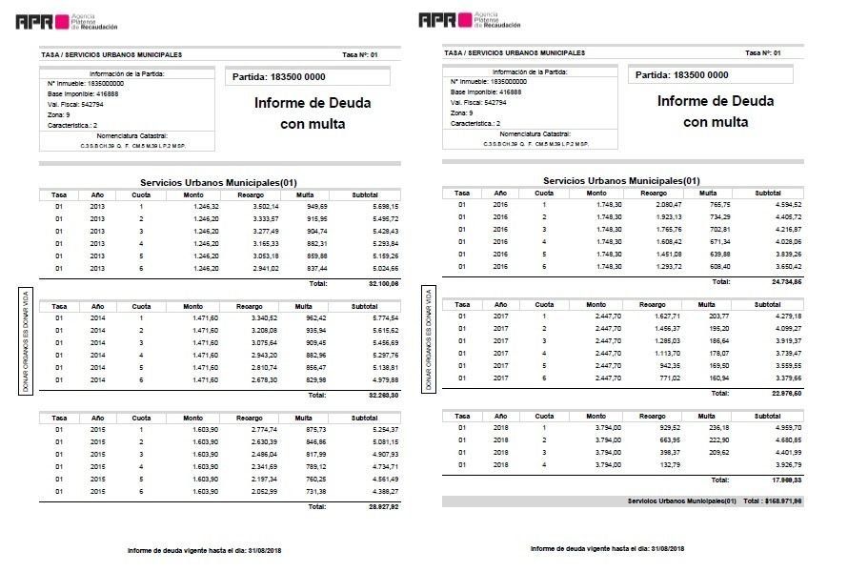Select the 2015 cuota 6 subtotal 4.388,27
click(x=379, y=490)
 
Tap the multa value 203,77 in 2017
click(x=719, y=316)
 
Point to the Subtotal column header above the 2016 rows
click(x=768, y=193)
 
